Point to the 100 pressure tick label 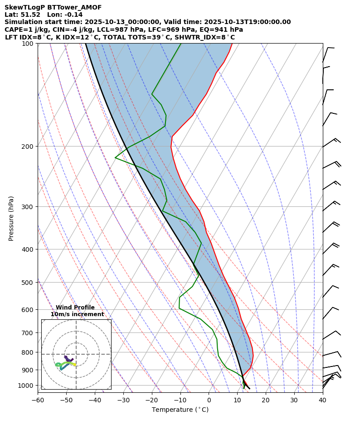click(29, 44)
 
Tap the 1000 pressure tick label click(28, 385)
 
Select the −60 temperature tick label click(38, 401)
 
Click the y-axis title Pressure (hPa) click(11, 218)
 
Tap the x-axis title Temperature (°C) click(180, 410)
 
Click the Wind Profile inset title click(75, 308)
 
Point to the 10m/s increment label click(77, 314)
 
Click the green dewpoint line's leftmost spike click(116, 158)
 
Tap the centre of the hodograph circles click(76, 354)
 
